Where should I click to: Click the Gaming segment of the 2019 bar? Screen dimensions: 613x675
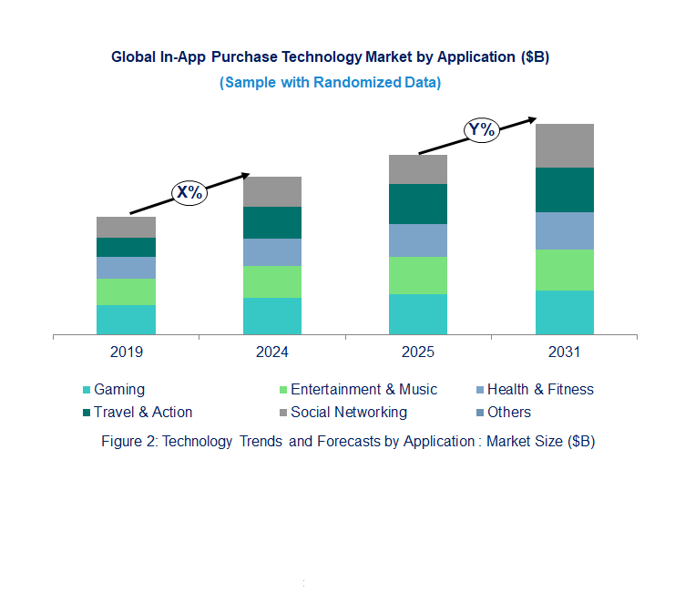pyautogui.click(x=126, y=320)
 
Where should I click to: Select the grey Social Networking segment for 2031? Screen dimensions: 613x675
pyautogui.click(x=564, y=146)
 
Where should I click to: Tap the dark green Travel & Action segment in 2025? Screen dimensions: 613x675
pyautogui.click(x=418, y=204)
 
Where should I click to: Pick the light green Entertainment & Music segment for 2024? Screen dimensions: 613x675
pyautogui.click(x=271, y=281)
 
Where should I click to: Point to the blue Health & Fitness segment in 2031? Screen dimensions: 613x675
pyautogui.click(x=564, y=230)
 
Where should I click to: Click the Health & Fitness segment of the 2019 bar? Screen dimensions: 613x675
pyautogui.click(x=126, y=268)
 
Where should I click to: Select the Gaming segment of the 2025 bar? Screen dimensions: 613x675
pyautogui.click(x=418, y=314)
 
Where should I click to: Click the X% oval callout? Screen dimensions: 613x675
pyautogui.click(x=190, y=192)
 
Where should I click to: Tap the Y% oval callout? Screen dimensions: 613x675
pyautogui.click(x=481, y=129)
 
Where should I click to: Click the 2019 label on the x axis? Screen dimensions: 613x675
pyautogui.click(x=126, y=352)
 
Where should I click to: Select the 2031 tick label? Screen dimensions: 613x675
pyautogui.click(x=564, y=352)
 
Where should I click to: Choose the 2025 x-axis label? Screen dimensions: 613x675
pyautogui.click(x=418, y=352)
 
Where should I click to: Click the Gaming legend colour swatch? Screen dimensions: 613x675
pyautogui.click(x=87, y=390)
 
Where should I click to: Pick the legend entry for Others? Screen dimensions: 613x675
pyautogui.click(x=508, y=412)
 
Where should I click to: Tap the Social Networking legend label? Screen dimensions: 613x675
pyautogui.click(x=348, y=412)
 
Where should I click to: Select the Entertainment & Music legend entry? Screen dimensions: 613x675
pyautogui.click(x=363, y=390)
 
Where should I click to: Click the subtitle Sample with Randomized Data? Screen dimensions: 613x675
pyautogui.click(x=331, y=82)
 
